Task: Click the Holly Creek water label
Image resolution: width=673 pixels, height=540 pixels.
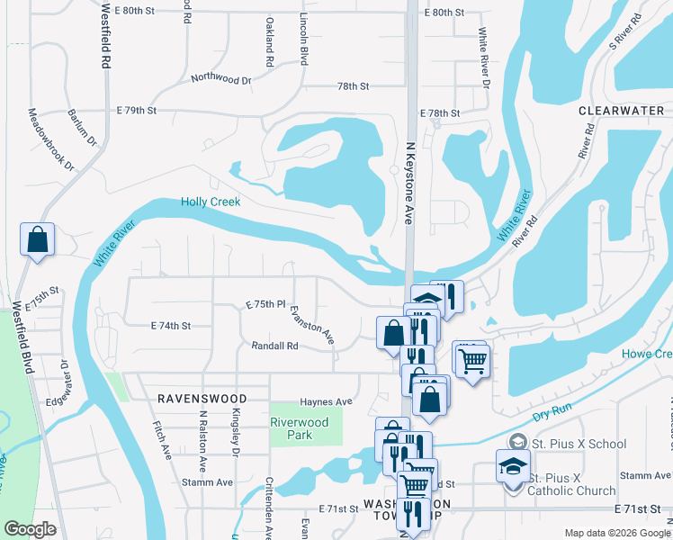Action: [211, 202]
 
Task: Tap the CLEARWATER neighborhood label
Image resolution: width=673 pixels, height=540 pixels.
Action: [621, 110]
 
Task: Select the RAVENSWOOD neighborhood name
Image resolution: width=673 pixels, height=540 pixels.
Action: [194, 397]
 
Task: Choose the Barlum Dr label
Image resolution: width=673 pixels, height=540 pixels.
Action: [82, 127]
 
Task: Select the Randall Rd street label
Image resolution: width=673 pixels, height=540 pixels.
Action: [274, 346]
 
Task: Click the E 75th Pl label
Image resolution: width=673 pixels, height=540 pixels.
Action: [265, 305]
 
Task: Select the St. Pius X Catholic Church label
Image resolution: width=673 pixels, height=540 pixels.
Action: [572, 484]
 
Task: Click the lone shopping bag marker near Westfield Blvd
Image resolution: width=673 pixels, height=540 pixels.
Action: [37, 240]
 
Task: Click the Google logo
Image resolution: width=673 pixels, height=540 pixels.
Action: [30, 528]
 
